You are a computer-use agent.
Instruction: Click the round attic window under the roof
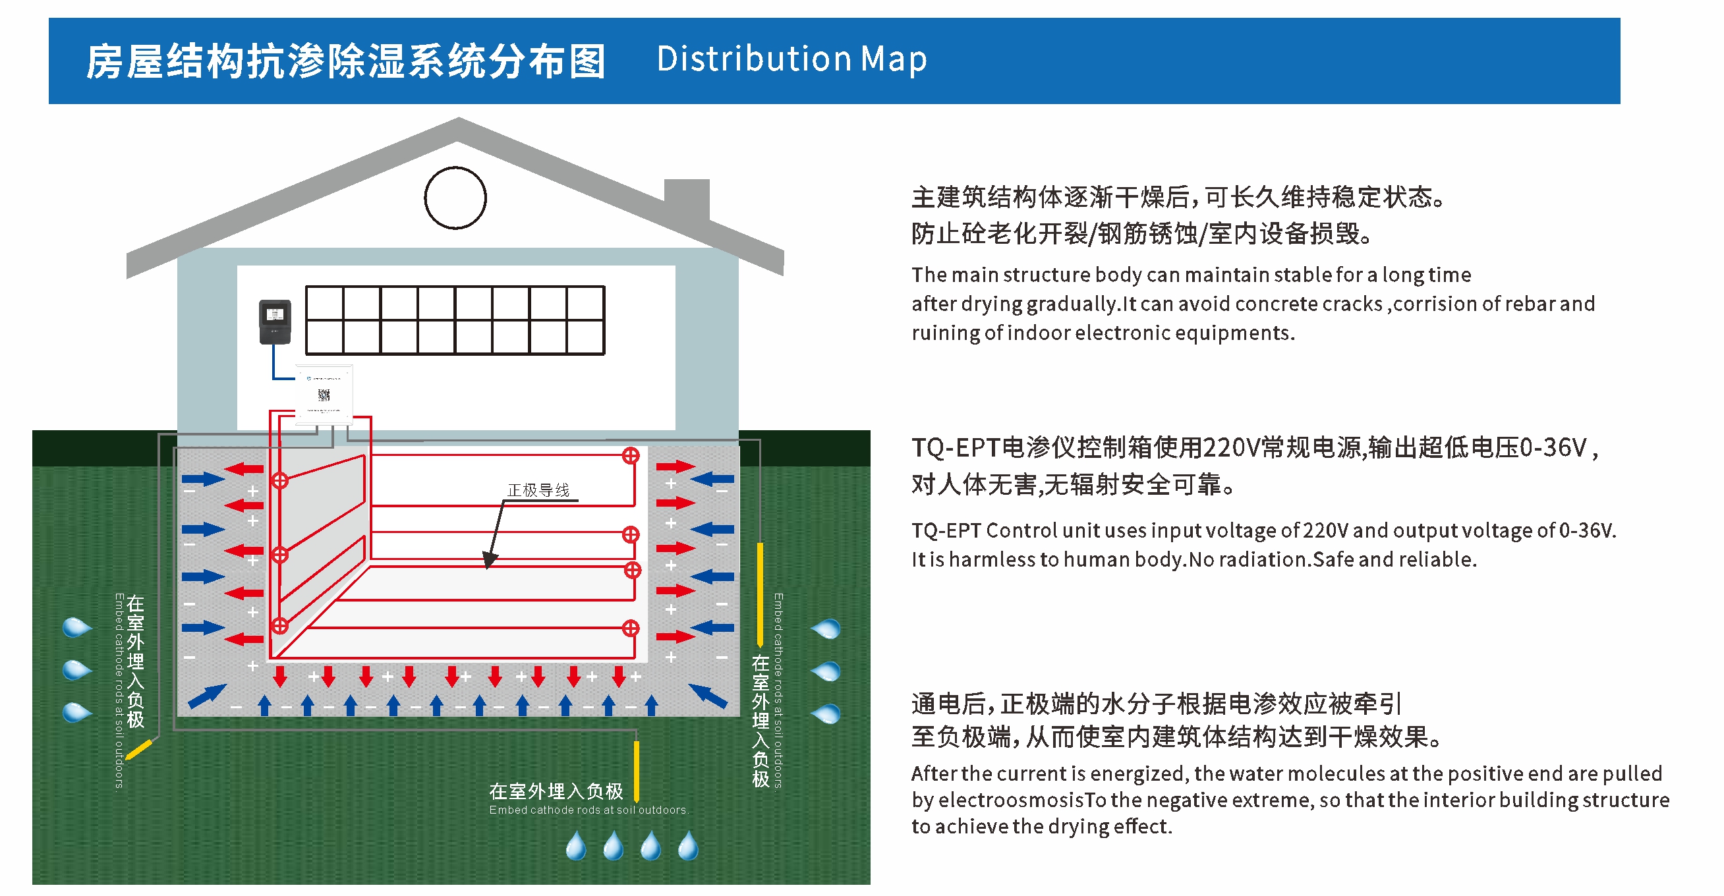point(455,198)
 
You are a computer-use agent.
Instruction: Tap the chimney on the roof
point(687,199)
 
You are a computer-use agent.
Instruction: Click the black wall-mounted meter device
point(275,322)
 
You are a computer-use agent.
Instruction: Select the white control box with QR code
point(324,394)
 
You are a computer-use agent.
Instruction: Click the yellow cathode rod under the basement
point(636,770)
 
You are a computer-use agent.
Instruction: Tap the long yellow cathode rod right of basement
point(760,592)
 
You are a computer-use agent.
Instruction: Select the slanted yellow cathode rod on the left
point(139,750)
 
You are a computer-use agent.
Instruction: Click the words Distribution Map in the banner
point(791,59)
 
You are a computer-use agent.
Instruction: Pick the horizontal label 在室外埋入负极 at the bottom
point(556,792)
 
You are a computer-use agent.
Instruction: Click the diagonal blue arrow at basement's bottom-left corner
point(207,696)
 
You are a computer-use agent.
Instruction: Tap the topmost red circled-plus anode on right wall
point(631,457)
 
